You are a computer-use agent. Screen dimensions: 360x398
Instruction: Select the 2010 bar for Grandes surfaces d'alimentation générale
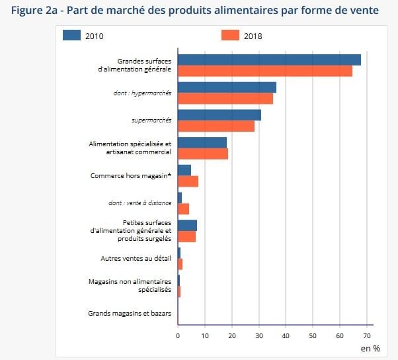(269, 60)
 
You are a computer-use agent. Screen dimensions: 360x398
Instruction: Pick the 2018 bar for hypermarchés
(225, 99)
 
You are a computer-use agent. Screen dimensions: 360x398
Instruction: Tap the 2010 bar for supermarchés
(219, 115)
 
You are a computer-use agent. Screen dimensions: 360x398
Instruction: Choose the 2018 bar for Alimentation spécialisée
(203, 154)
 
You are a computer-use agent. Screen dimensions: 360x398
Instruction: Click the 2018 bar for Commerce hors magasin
(188, 181)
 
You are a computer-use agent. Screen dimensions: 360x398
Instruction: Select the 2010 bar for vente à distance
(180, 198)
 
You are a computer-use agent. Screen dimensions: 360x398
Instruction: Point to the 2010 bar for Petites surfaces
(187, 226)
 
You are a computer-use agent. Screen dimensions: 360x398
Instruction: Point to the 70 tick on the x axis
(367, 336)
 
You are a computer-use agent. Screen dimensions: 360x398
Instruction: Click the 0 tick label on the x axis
(178, 336)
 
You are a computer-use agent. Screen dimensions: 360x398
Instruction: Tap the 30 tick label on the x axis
(259, 336)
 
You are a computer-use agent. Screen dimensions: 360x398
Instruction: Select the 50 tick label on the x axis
(313, 336)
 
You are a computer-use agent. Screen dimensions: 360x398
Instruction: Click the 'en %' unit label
(370, 347)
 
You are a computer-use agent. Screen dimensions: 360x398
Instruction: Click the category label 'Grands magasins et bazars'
(130, 313)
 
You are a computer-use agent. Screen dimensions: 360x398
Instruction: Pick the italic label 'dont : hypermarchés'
(142, 93)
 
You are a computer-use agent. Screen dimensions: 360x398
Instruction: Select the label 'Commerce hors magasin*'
(131, 176)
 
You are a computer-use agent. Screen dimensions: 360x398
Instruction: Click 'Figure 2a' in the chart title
(36, 10)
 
